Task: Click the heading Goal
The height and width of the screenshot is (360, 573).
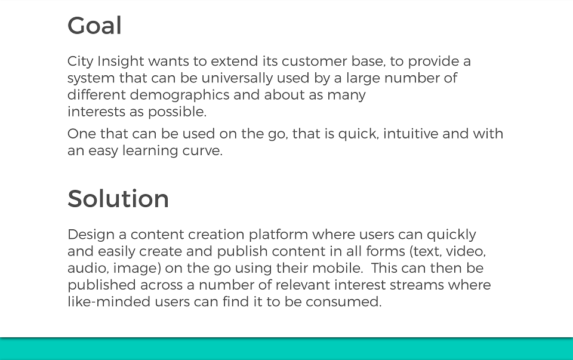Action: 94,26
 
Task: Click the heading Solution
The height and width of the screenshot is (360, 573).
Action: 118,199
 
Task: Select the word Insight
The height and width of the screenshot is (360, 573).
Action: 121,61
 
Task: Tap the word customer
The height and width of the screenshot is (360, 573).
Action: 315,61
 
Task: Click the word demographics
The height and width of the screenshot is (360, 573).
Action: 180,95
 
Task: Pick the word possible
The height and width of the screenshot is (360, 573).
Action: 177,112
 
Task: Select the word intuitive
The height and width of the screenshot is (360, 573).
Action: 411,134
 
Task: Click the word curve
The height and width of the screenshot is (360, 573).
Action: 202,151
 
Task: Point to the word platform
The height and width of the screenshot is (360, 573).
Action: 279,235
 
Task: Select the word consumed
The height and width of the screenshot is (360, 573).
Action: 344,302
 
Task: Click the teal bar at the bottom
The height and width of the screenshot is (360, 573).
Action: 286,349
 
